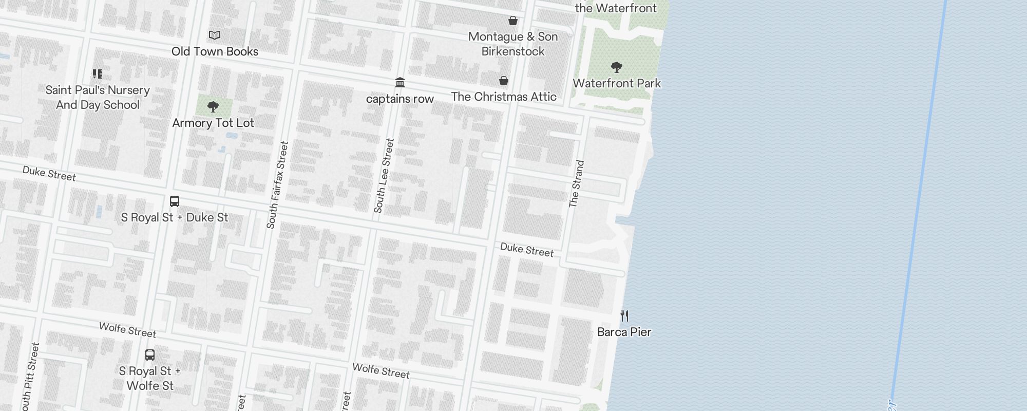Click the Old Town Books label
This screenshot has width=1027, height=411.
(x=215, y=51)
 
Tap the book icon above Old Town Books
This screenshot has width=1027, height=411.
(x=215, y=35)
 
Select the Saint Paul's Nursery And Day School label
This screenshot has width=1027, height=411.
(x=98, y=97)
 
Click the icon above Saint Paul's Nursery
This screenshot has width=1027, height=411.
(x=98, y=74)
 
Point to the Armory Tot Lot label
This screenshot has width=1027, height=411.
(x=213, y=123)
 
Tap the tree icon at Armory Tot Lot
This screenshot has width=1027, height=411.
(x=213, y=107)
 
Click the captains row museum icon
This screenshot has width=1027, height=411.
(x=400, y=82)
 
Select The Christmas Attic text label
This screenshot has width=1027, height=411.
(x=504, y=97)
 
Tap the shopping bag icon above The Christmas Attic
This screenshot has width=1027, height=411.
(x=504, y=81)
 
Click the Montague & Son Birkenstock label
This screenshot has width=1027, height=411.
(x=513, y=44)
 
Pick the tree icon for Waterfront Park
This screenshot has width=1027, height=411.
(x=617, y=67)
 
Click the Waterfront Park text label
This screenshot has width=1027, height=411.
(x=617, y=83)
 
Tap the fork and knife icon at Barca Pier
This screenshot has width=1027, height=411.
(x=624, y=316)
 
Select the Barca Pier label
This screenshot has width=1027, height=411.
(x=624, y=332)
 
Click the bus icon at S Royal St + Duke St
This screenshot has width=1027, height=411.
(x=175, y=201)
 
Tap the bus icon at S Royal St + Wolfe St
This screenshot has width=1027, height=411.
(x=150, y=355)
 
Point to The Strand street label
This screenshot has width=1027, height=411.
(x=577, y=184)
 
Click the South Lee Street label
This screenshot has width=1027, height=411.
(x=384, y=176)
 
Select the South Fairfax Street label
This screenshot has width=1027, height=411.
(x=278, y=185)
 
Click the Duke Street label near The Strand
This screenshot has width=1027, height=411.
(x=527, y=250)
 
